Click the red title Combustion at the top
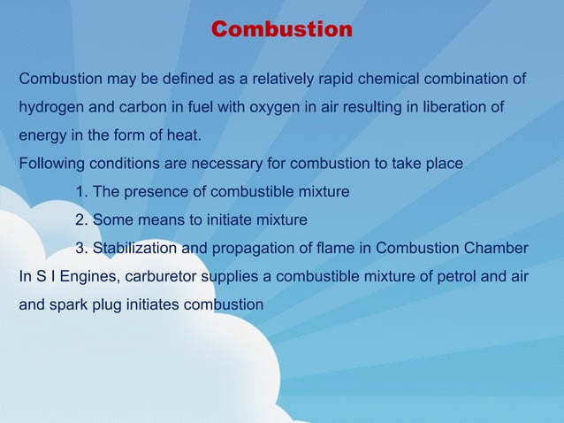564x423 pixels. [x=282, y=30]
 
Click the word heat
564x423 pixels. [x=183, y=136]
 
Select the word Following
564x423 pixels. [x=51, y=165]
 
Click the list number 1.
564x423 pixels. [x=81, y=192]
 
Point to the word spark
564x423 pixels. [x=69, y=304]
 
